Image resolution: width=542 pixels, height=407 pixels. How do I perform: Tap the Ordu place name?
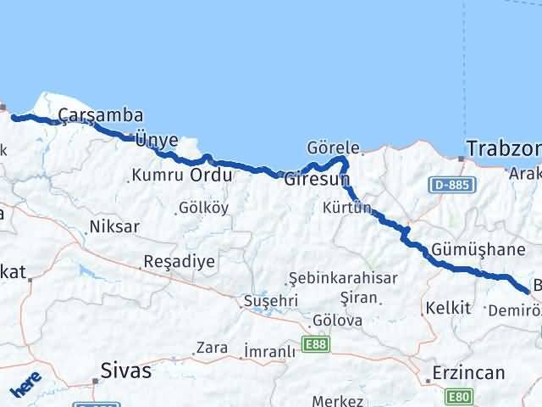point(211,176)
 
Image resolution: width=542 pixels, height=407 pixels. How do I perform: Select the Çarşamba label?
point(100,115)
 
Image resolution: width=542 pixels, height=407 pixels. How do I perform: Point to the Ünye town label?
point(157,140)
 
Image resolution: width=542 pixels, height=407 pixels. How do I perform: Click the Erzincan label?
point(467,372)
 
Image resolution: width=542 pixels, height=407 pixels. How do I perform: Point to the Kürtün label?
point(347,208)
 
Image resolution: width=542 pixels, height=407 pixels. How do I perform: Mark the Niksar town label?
point(113,227)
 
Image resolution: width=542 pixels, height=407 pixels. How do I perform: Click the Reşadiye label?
point(179,260)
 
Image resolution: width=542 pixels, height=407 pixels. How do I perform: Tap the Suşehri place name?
point(271,300)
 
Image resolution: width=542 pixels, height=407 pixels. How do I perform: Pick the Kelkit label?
point(448,308)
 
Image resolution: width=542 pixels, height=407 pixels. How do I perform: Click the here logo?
point(26,384)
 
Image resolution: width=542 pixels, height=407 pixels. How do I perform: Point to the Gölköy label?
point(203,208)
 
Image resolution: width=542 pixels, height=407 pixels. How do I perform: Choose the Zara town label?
point(211,348)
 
